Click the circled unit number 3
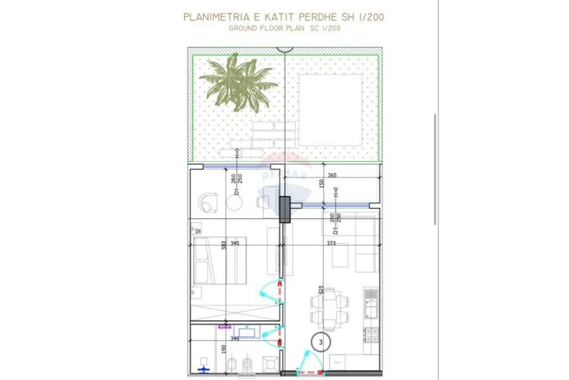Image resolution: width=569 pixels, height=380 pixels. pos(322,342)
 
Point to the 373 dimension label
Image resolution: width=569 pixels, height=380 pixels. pos(331,243)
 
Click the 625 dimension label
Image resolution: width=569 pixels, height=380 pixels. pos(322,292)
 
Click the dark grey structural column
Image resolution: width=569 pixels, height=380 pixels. pos(285,209)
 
